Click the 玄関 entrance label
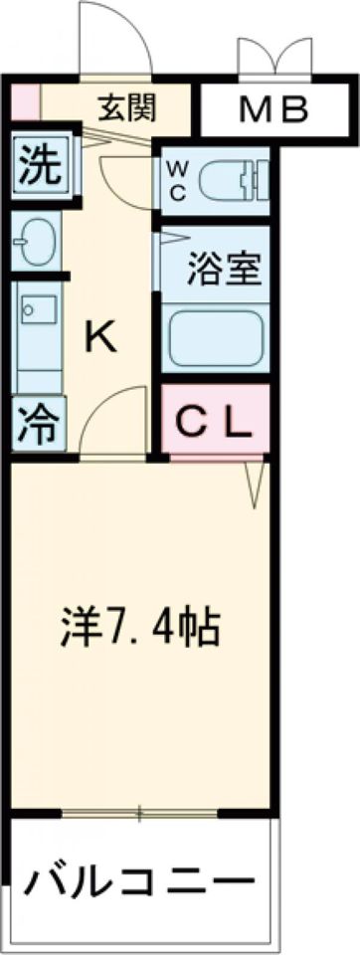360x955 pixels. pyautogui.click(x=127, y=107)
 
